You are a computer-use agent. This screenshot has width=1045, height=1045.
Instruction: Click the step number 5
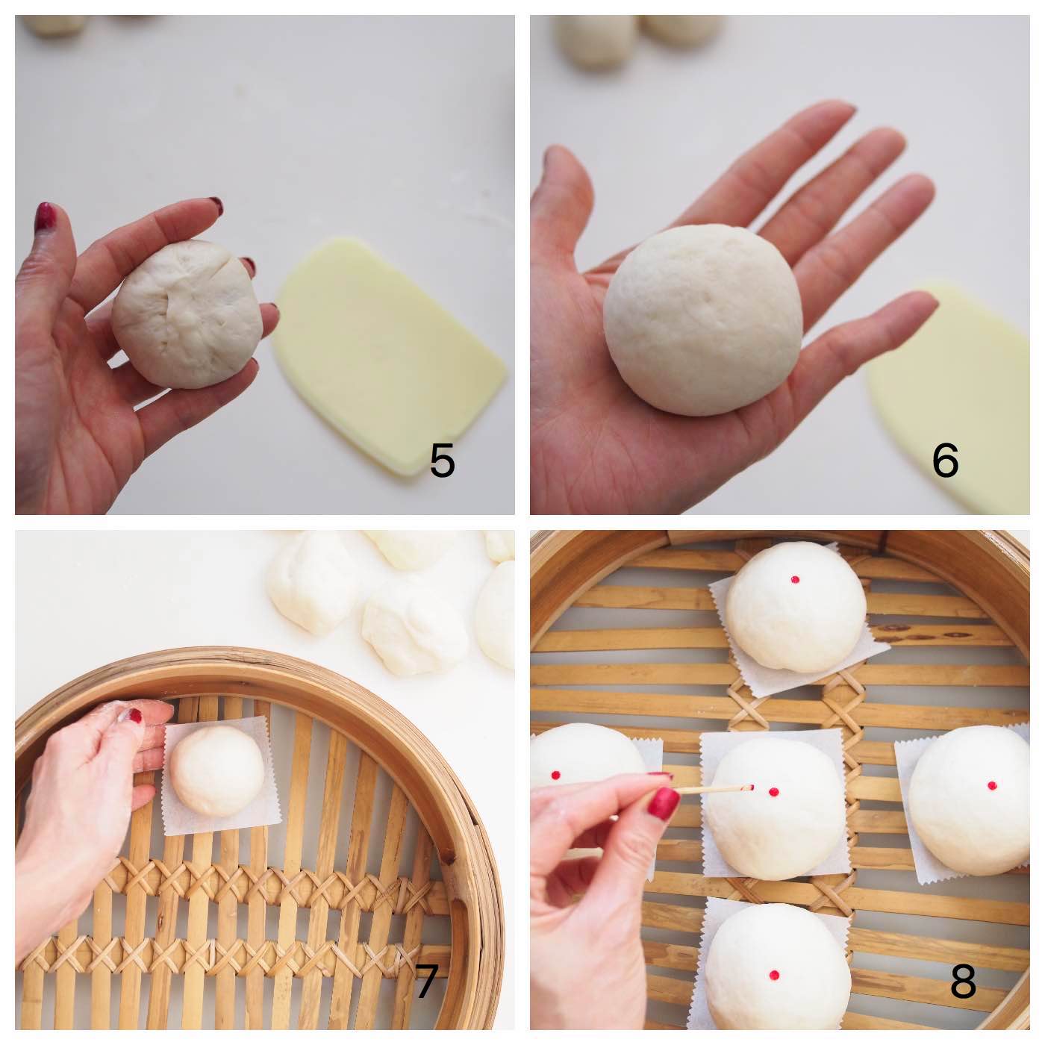point(442,461)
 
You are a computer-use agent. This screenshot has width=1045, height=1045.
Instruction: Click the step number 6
point(945,461)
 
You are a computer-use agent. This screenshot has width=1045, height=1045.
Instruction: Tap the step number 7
point(426,982)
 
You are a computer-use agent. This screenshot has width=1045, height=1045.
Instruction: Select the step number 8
point(963,982)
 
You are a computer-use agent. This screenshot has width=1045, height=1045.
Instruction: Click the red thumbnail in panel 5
point(46,216)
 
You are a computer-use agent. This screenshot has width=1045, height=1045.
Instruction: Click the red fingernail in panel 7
point(134,716)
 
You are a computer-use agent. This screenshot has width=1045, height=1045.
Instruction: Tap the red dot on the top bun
point(795,579)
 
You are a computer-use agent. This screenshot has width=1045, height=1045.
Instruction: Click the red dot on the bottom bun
point(774,975)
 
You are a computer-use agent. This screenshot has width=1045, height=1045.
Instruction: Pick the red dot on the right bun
point(991,786)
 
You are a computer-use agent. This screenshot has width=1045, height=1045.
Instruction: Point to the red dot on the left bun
point(556,773)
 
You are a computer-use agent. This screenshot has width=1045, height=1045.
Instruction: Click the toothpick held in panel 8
point(709,790)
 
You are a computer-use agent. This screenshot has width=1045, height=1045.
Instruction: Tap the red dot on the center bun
point(773,792)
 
